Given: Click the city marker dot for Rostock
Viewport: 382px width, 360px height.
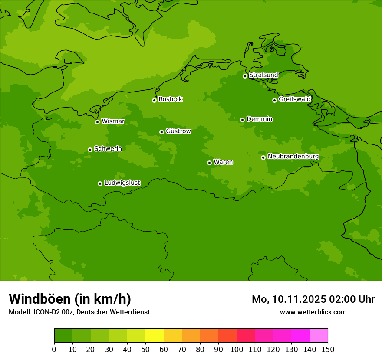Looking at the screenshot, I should tap(154, 100).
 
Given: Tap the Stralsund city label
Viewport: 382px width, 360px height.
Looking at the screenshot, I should tap(263, 75).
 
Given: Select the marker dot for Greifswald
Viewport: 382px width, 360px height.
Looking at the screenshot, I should tap(274, 100).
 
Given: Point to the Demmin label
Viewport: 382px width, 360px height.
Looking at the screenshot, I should tap(259, 119).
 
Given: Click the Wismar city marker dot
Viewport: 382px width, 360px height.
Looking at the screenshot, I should tap(97, 122).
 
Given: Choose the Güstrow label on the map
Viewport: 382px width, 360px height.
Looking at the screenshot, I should tap(178, 131).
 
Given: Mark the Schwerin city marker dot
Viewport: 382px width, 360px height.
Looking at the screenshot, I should tap(90, 150).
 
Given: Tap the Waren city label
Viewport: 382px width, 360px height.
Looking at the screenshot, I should tap(223, 162).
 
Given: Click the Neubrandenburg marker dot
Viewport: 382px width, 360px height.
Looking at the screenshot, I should tap(263, 157).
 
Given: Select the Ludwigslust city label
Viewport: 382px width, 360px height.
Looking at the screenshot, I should tap(122, 183).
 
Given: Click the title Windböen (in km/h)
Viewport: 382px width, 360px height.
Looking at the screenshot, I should tap(70, 299).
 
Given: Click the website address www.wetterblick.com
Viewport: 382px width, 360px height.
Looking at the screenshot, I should tap(313, 312).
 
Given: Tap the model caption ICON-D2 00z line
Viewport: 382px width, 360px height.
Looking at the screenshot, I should tap(79, 312).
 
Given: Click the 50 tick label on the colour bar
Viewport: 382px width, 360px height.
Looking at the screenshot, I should tap(145, 349).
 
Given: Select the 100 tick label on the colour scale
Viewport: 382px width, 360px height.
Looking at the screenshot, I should tap(237, 349).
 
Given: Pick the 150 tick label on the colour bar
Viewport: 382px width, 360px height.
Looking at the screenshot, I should tap(328, 349).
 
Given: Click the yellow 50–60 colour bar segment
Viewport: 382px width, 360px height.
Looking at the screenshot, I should tap(155, 336).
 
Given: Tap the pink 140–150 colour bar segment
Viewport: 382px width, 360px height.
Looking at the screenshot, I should tap(319, 336).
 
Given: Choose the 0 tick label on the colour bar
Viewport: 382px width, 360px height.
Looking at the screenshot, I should tap(54, 349).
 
